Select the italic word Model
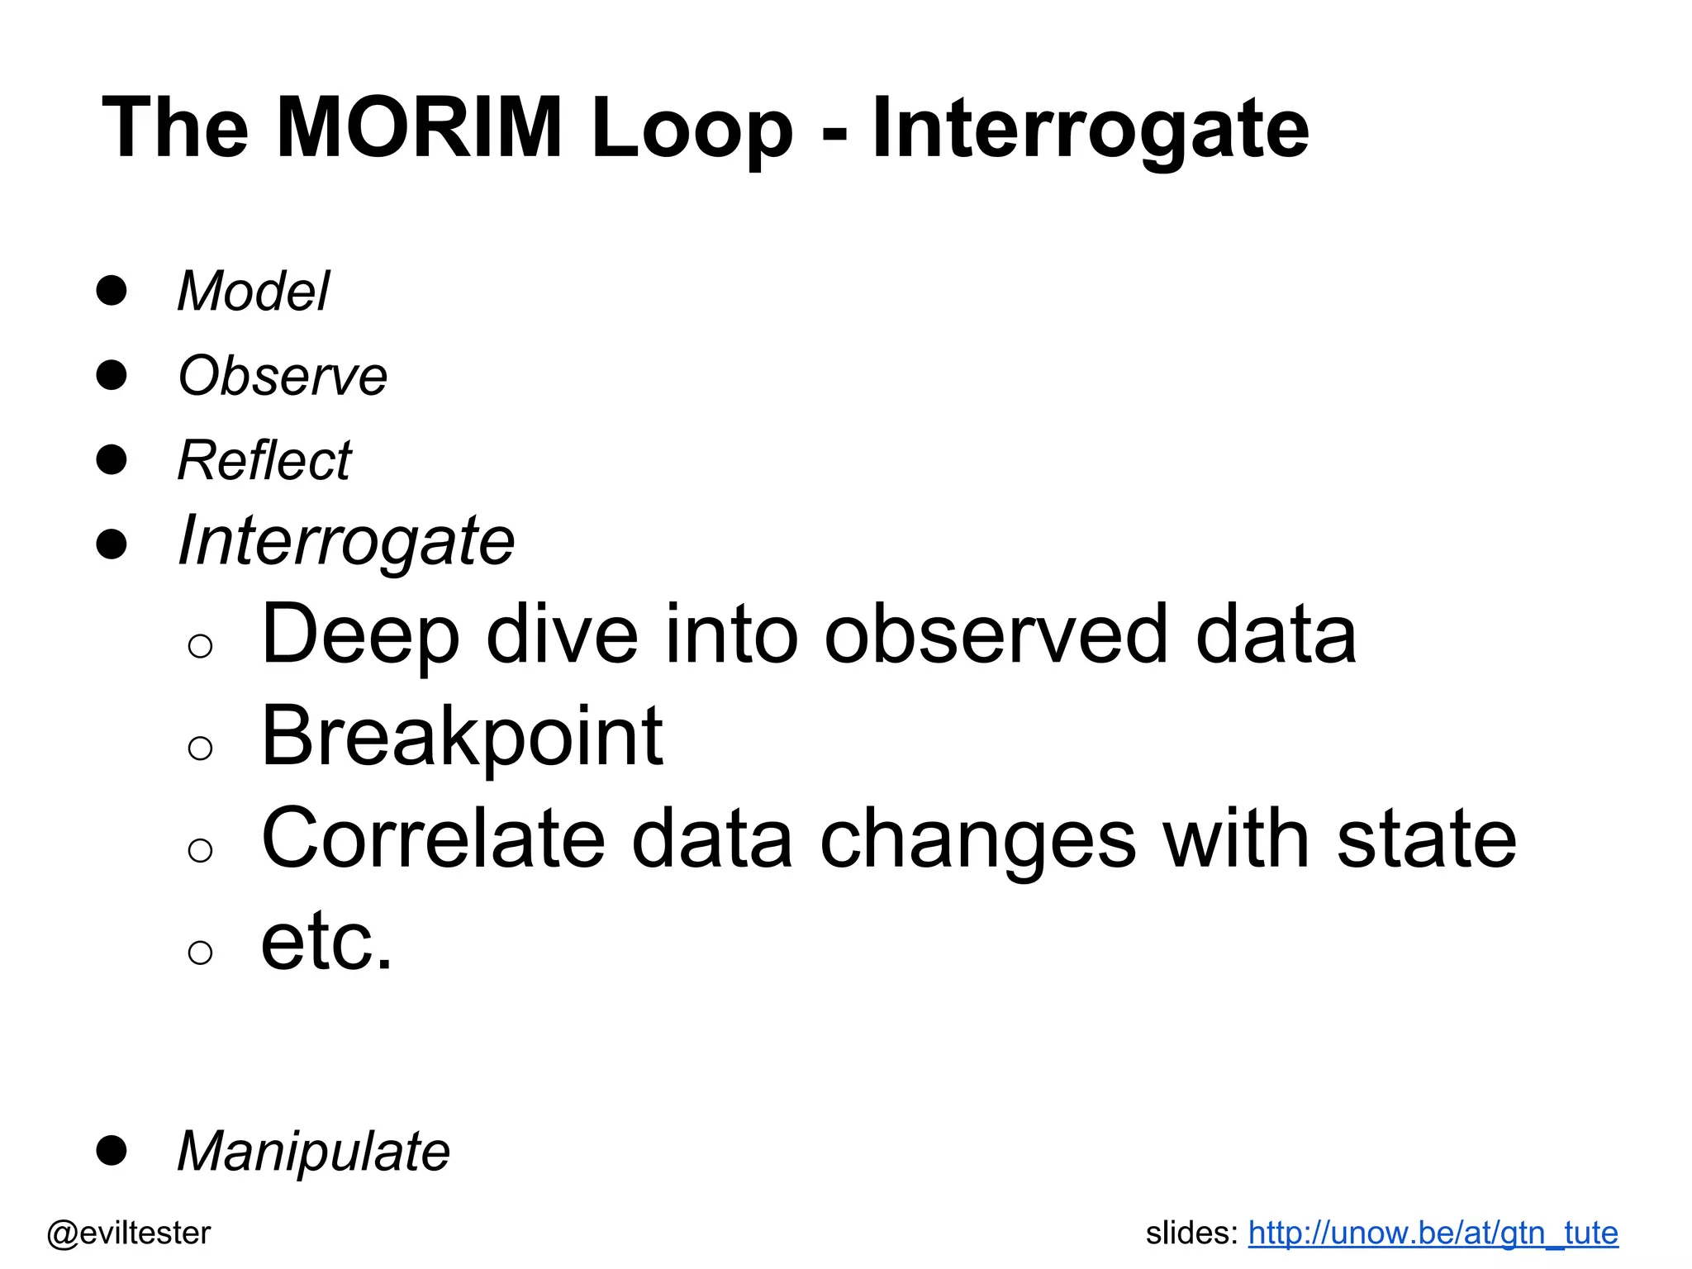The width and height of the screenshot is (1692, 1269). coord(254,292)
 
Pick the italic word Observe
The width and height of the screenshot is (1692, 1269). coord(283,376)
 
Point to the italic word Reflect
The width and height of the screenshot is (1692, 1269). coord(264,460)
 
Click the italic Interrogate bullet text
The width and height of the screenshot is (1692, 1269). coord(346,542)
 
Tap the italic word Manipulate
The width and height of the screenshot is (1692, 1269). coord(314,1152)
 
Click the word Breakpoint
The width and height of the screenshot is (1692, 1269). coord(462,737)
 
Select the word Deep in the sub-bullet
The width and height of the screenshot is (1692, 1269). coord(360,634)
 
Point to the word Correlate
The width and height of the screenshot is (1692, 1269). coord(434,839)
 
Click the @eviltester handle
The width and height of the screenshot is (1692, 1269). coord(129,1233)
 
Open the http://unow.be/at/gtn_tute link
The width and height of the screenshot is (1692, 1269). coord(1433,1233)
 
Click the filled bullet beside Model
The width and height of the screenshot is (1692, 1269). coord(112,291)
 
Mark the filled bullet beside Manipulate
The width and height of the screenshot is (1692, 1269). coord(112,1150)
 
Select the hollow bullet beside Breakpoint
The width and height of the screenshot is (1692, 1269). coord(201,749)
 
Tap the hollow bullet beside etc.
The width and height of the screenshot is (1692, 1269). coord(201,953)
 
